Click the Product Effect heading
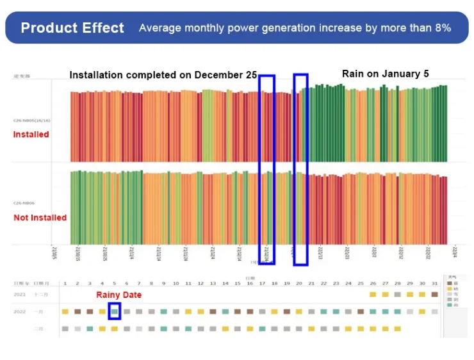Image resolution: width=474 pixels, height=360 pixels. [72, 28]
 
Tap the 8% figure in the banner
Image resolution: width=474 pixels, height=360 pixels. [442, 28]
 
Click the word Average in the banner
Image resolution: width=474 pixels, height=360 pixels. [159, 28]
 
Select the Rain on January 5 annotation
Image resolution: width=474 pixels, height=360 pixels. [385, 74]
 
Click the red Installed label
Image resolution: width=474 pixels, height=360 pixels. [31, 135]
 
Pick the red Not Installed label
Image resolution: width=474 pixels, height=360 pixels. [40, 218]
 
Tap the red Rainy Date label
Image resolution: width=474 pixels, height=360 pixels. [118, 295]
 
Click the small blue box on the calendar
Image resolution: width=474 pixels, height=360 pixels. [115, 311]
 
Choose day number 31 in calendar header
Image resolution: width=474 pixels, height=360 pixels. [435, 283]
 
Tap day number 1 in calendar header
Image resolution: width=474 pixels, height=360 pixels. [65, 283]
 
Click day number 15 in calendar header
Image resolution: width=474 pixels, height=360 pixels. [237, 283]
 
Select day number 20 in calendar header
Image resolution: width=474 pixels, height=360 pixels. [299, 283]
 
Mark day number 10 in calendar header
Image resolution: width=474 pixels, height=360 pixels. [176, 283]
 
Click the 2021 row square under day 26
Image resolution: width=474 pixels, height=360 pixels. [373, 294]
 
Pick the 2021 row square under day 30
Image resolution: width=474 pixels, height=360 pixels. [422, 294]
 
